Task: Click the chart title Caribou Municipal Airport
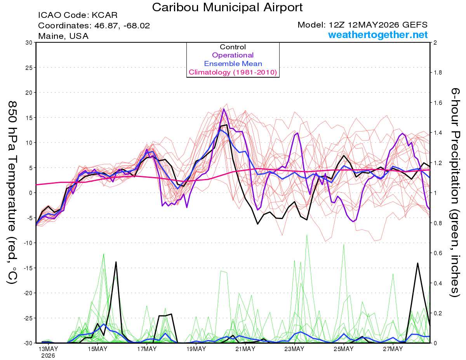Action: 227,7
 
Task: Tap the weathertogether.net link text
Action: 378,35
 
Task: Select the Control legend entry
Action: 233,47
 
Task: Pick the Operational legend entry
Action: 233,55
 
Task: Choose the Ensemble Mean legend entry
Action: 233,64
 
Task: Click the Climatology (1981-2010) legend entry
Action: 233,72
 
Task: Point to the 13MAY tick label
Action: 48,349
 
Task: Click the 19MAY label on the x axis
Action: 196,349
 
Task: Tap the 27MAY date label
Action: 393,349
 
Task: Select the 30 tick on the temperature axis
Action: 29,43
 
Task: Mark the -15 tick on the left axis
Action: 28,268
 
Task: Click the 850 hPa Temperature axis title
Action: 12,193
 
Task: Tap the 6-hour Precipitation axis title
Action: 455,193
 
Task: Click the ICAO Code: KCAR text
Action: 78,15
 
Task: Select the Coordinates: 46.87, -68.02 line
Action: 94,26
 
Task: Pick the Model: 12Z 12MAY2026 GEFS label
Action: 362,25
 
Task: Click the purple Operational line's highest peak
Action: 224,109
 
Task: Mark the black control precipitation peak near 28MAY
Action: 417,263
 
